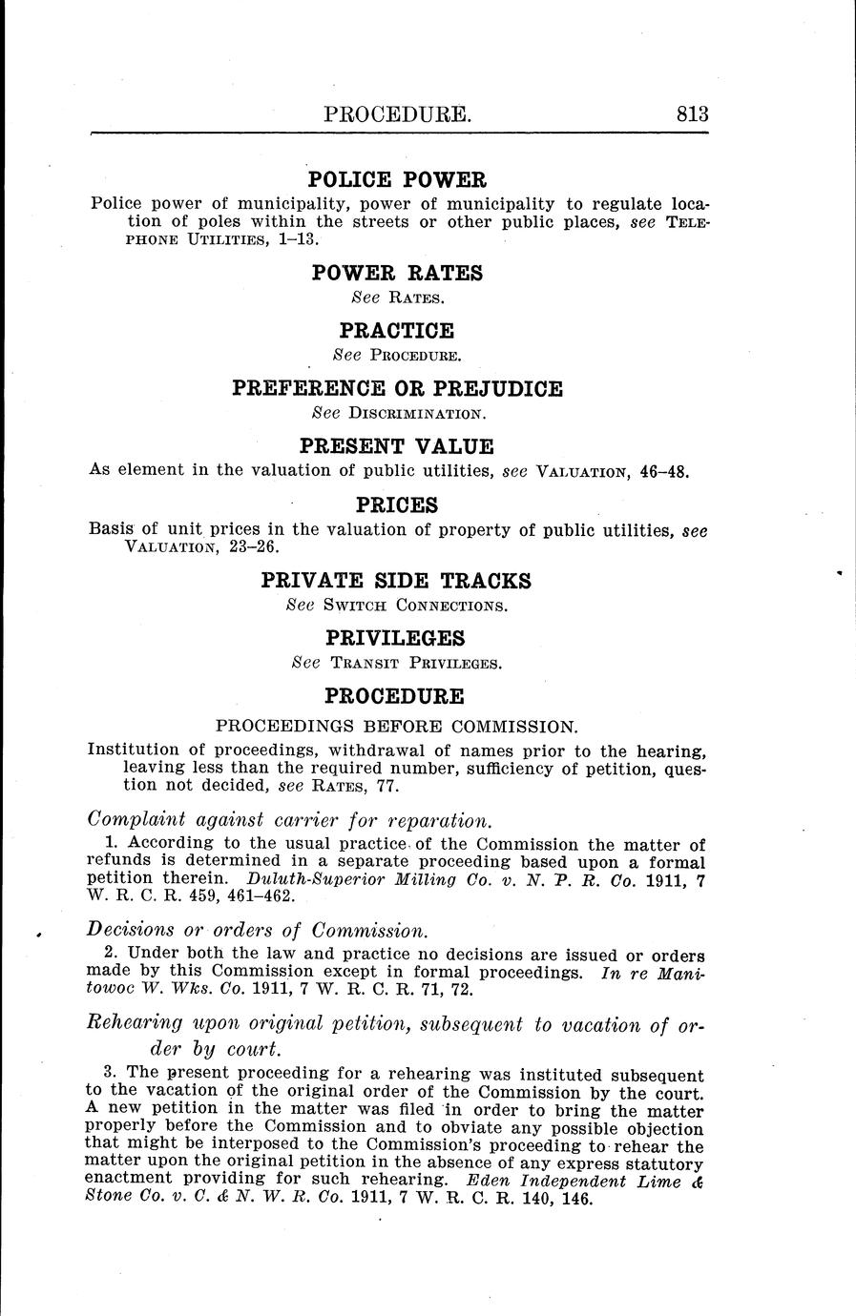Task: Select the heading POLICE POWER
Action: pyautogui.click(x=397, y=179)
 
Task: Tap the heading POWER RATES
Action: pyautogui.click(x=397, y=274)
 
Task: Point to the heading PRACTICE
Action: pyautogui.click(x=397, y=331)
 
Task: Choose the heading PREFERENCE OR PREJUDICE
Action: pyautogui.click(x=397, y=389)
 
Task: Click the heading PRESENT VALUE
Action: pyautogui.click(x=397, y=446)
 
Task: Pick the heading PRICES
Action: pyautogui.click(x=397, y=504)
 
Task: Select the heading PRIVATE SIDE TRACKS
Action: pyautogui.click(x=397, y=581)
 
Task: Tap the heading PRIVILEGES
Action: pyautogui.click(x=397, y=638)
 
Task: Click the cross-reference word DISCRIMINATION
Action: pyautogui.click(x=418, y=415)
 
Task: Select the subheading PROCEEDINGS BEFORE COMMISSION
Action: pyautogui.click(x=397, y=725)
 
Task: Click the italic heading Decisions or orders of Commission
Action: pyautogui.click(x=257, y=930)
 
